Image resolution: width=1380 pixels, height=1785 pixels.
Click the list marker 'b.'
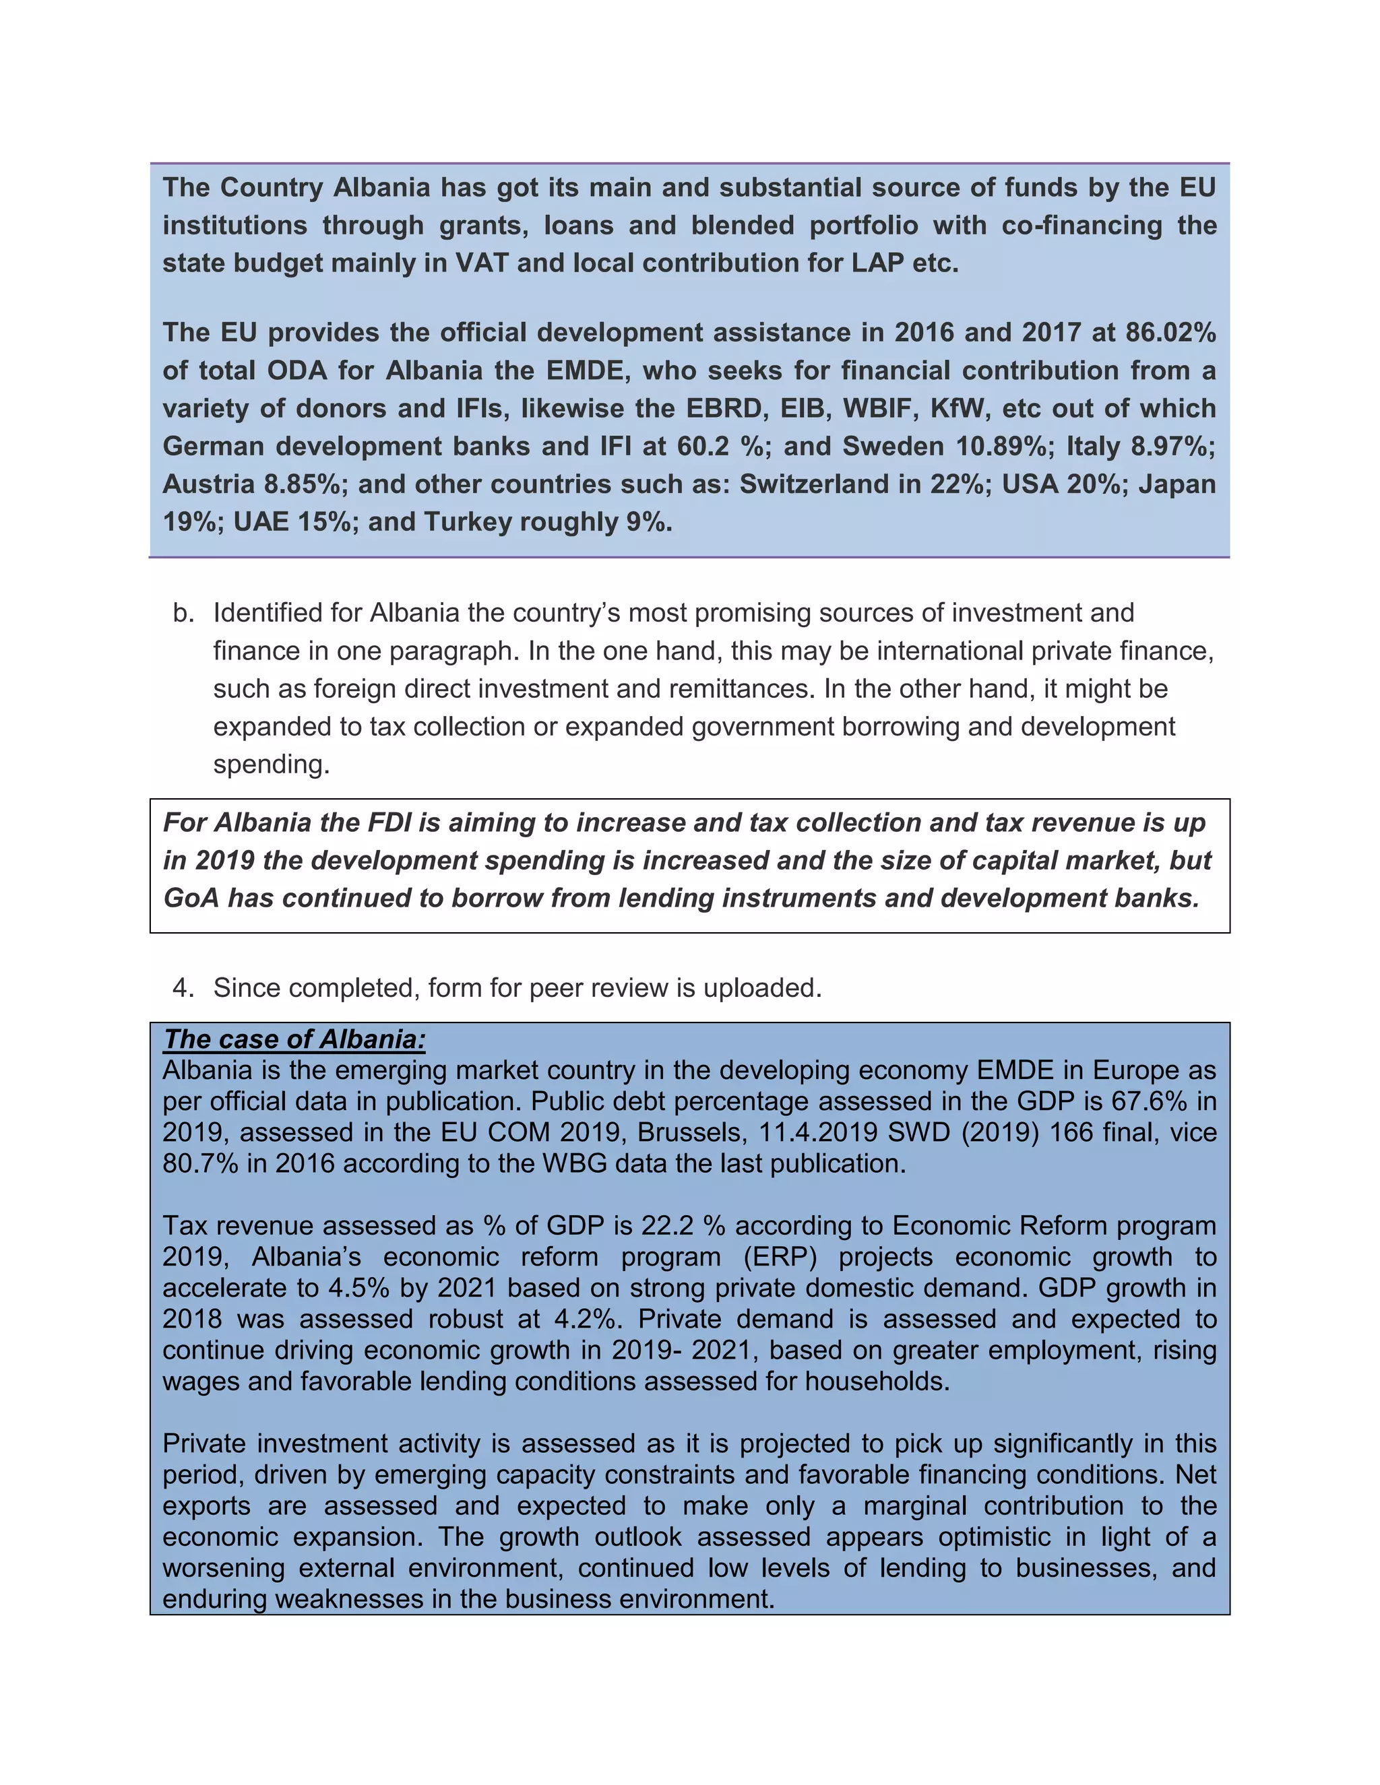(183, 613)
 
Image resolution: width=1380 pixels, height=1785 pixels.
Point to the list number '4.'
(183, 988)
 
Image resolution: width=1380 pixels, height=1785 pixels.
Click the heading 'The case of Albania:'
(294, 1039)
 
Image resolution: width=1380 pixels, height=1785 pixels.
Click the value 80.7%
(200, 1164)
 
